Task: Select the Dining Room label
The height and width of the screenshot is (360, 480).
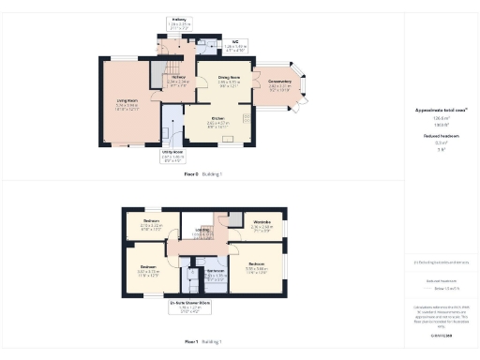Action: click(230, 80)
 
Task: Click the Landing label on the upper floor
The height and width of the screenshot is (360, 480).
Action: click(202, 230)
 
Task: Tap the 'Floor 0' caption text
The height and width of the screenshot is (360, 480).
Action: click(191, 174)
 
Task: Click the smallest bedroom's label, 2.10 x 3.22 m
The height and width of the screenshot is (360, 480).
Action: click(151, 224)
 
